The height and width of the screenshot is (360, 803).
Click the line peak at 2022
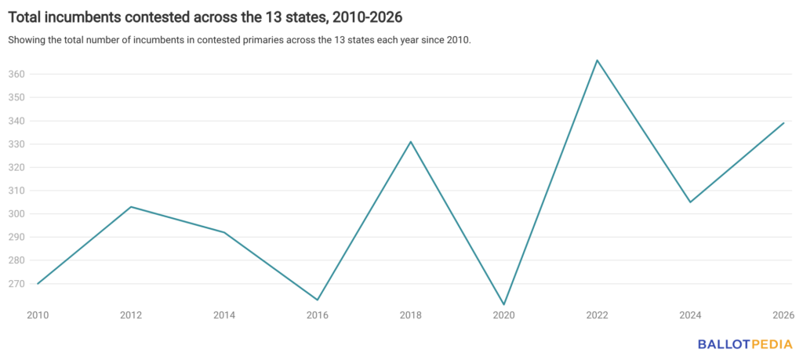click(598, 60)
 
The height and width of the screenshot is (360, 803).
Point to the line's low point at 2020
click(504, 304)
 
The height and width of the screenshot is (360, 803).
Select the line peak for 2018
click(411, 142)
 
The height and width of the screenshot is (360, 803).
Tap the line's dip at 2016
click(318, 300)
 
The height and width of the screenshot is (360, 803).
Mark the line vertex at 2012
click(131, 207)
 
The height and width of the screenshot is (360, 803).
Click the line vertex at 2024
click(690, 202)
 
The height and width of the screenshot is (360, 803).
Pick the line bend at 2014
click(224, 232)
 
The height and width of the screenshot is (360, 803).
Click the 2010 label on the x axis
click(37, 315)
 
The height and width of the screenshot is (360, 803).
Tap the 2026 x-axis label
click(783, 315)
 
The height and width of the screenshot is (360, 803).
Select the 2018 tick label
click(411, 315)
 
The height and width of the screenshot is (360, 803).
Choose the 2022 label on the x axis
click(598, 315)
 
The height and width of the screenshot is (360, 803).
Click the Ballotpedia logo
click(746, 344)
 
